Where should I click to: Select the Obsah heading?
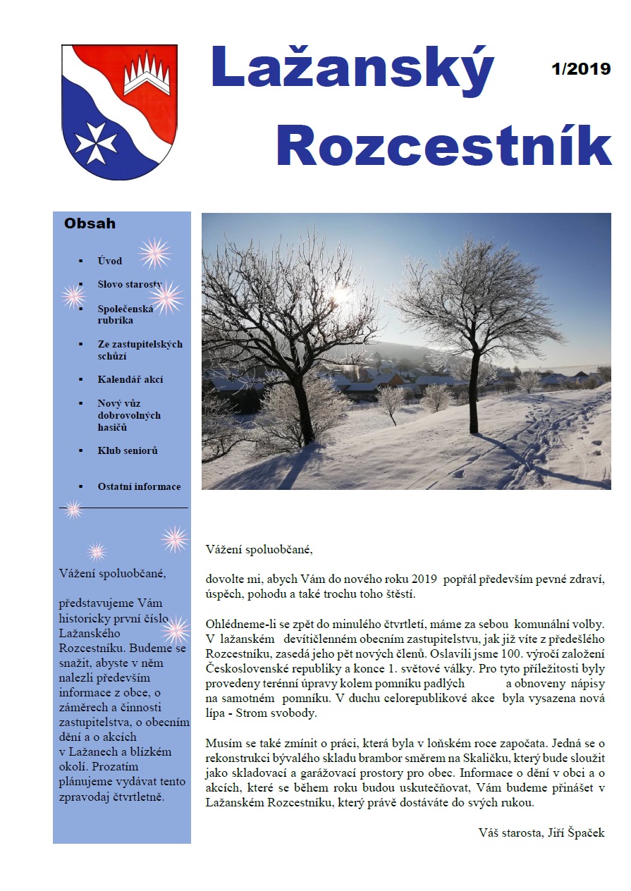pyautogui.click(x=90, y=224)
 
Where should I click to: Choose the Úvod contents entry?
pyautogui.click(x=110, y=261)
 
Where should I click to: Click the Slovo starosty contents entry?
pyautogui.click(x=130, y=285)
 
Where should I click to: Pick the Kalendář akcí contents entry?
pyautogui.click(x=130, y=379)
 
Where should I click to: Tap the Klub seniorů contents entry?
pyautogui.click(x=128, y=450)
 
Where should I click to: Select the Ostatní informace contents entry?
pyautogui.click(x=139, y=486)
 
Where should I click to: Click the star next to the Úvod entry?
pyautogui.click(x=154, y=253)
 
